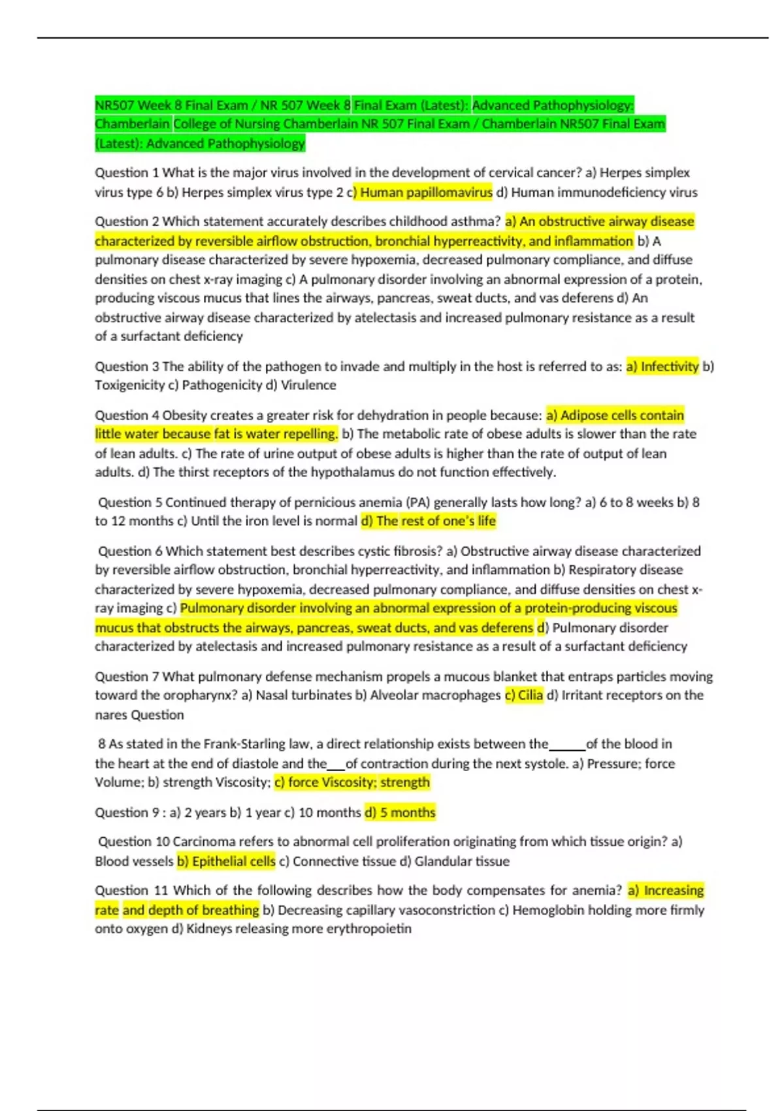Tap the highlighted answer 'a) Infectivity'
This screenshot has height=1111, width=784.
click(x=662, y=367)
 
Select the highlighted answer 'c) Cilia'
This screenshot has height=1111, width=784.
click(x=524, y=695)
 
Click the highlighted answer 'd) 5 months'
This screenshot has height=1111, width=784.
click(x=400, y=812)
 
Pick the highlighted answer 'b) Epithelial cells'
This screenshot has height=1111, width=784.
click(x=226, y=861)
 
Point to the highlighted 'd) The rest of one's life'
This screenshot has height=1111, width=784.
click(x=429, y=521)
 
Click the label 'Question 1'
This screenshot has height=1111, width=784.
click(x=127, y=173)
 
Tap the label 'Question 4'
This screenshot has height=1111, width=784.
click(x=127, y=415)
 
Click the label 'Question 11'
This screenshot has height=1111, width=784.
click(x=131, y=890)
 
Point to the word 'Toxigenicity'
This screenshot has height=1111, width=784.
click(x=129, y=386)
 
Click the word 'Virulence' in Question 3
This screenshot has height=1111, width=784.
click(x=308, y=386)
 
